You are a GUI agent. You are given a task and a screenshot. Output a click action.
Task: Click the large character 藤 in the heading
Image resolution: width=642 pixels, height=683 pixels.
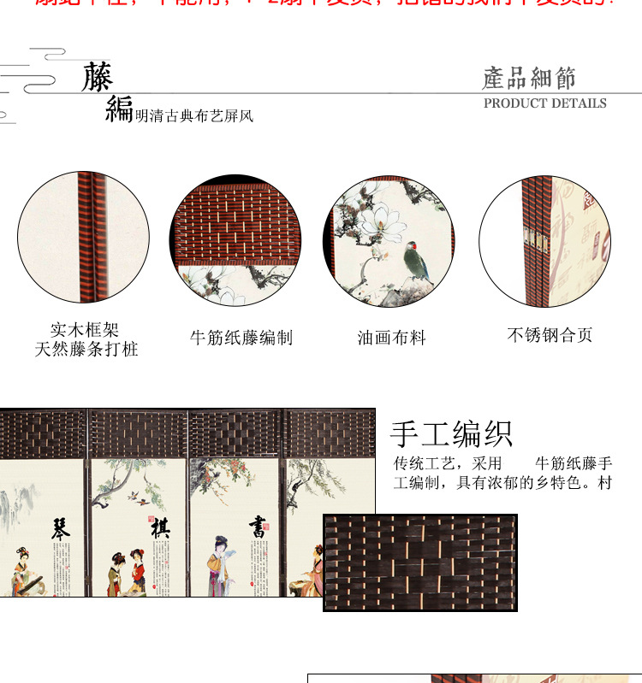pyautogui.click(x=98, y=77)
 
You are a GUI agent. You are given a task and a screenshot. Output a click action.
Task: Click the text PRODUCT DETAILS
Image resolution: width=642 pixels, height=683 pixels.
pyautogui.click(x=544, y=103)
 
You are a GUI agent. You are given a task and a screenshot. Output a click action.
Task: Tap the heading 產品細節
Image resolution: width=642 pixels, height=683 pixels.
pyautogui.click(x=528, y=79)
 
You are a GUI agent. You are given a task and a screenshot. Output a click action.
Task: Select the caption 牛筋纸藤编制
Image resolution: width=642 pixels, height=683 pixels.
pyautogui.click(x=241, y=338)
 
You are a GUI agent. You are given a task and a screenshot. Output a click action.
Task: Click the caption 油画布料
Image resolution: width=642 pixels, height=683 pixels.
pyautogui.click(x=391, y=338)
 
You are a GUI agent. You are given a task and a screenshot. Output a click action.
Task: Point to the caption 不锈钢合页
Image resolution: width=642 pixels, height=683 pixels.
pyautogui.click(x=550, y=335)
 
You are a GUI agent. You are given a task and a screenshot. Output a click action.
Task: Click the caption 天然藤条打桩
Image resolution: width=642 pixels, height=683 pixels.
pyautogui.click(x=86, y=349)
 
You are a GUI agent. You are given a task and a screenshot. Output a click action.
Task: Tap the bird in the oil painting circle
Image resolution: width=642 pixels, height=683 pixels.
pyautogui.click(x=418, y=260)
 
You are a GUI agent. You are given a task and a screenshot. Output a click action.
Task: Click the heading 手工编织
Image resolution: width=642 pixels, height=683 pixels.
pyautogui.click(x=451, y=433)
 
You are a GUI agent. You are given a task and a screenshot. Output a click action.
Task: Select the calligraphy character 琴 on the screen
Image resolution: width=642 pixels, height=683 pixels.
pyautogui.click(x=61, y=527)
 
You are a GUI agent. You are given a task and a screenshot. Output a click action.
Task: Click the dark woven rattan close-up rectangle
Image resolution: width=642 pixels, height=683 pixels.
pyautogui.click(x=419, y=562)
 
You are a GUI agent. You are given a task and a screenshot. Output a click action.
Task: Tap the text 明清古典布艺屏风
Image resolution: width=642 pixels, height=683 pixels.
pyautogui.click(x=193, y=116)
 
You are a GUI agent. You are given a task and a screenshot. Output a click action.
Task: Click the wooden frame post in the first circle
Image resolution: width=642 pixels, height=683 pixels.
pyautogui.click(x=86, y=238)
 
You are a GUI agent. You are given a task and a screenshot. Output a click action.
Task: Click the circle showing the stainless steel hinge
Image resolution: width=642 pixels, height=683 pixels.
pyautogui.click(x=544, y=242)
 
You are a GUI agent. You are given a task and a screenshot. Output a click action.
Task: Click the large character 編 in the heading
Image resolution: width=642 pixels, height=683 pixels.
pyautogui.click(x=119, y=109)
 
